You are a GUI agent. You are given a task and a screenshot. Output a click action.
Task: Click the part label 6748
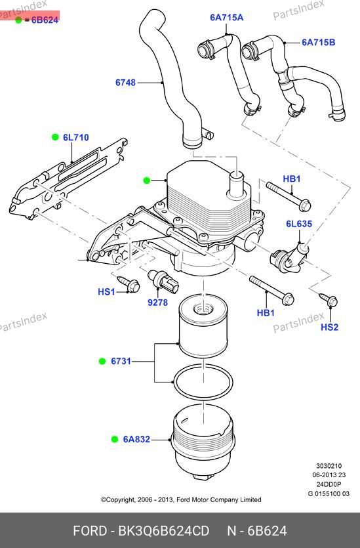coord(125,83)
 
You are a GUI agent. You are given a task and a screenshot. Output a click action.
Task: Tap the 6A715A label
coord(227,18)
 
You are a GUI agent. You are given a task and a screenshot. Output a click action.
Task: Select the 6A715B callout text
coord(319,42)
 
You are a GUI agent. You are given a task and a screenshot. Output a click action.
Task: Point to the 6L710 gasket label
coord(76,137)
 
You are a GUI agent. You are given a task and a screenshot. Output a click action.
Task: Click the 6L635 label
coord(299,224)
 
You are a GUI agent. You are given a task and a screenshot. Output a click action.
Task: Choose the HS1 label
coord(106,291)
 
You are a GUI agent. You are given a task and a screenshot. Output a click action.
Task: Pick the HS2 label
coord(330,327)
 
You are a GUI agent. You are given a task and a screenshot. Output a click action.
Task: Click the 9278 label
coord(158,303)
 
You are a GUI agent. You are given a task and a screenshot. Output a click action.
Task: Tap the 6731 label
coord(121,361)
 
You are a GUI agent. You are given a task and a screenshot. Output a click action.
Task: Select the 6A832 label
coord(136,439)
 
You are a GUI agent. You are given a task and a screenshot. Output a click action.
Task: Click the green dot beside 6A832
coord(115,439)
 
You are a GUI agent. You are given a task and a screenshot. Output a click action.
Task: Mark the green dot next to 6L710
coord(55,137)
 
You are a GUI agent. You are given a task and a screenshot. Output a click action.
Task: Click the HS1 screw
coord(129,284)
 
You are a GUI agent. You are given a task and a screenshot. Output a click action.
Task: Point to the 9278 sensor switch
coord(163,282)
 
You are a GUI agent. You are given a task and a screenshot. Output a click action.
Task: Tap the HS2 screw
coord(329,300)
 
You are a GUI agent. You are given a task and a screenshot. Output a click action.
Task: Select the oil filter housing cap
coord(203,442)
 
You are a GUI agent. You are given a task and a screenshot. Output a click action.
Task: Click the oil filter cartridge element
coord(203,326)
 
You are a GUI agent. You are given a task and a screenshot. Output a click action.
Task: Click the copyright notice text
coord(181,500)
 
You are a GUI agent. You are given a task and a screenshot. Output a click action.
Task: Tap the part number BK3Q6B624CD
coord(164,531)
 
